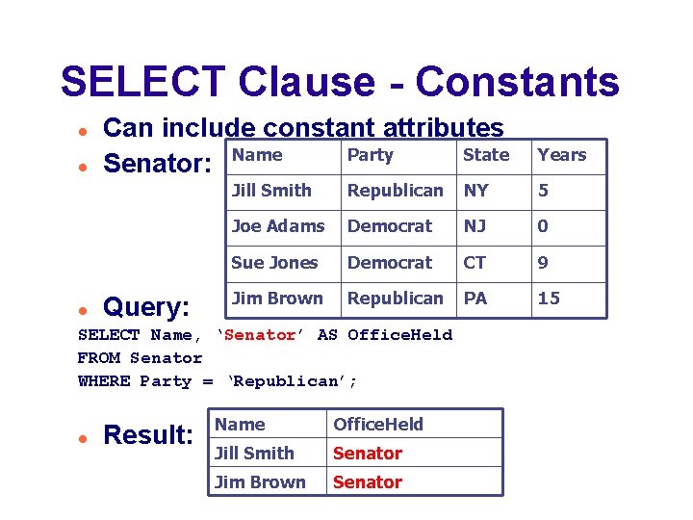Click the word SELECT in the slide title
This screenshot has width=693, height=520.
pyautogui.click(x=143, y=82)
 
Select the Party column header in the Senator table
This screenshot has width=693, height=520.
pyautogui.click(x=371, y=155)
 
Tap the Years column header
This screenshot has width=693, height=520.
pyautogui.click(x=561, y=155)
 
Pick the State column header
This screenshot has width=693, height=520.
pyautogui.click(x=486, y=155)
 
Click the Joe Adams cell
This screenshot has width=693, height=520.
pyautogui.click(x=278, y=226)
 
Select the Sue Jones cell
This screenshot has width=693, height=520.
pyautogui.click(x=274, y=263)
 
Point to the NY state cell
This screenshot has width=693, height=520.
pyautogui.click(x=475, y=191)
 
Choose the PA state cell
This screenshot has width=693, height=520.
pyautogui.click(x=475, y=299)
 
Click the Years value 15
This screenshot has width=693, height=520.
pyautogui.click(x=549, y=299)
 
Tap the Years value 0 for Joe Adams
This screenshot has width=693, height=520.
pyautogui.click(x=543, y=226)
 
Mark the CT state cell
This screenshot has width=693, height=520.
pyautogui.click(x=475, y=263)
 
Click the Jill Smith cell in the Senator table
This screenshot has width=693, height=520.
pyautogui.click(x=271, y=191)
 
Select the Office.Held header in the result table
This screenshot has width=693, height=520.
pyautogui.click(x=377, y=425)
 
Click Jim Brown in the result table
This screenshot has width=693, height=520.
pyautogui.click(x=259, y=482)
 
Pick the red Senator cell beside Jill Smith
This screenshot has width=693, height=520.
pyautogui.click(x=368, y=454)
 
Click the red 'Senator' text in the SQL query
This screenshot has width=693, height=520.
pyautogui.click(x=258, y=335)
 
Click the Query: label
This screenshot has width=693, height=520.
pyautogui.click(x=146, y=307)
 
